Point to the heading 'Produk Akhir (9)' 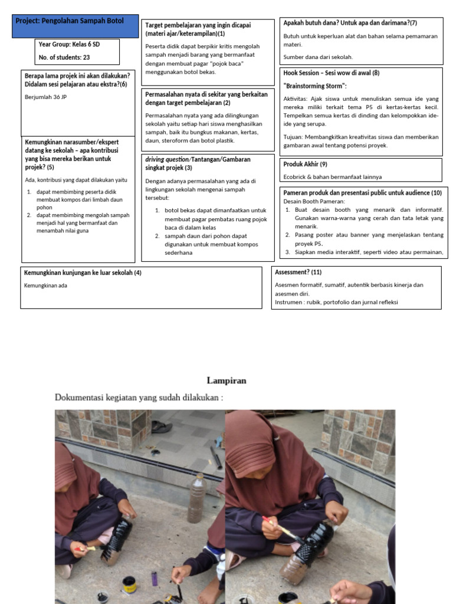[305, 164]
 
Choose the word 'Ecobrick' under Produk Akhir [296, 176]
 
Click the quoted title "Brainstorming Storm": [315, 86]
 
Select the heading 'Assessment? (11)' [298, 272]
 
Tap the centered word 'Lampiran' [226, 380]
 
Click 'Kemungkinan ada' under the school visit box [45, 285]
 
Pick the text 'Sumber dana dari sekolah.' [318, 57]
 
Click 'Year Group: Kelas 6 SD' [70, 44]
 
